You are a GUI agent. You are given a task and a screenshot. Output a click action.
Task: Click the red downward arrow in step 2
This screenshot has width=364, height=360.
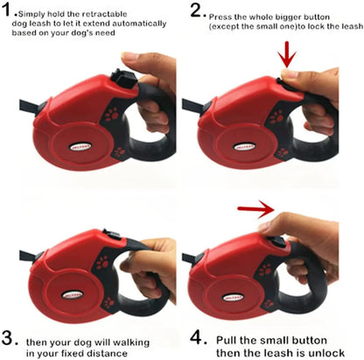point(287,55)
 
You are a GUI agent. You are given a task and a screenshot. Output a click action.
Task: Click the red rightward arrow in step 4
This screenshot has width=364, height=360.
point(256,208)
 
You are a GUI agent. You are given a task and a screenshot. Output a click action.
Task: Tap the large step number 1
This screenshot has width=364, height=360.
point(7,11)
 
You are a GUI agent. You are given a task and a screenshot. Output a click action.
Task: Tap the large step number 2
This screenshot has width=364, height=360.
point(198,11)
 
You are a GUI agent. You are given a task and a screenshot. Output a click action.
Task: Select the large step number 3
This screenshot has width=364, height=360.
point(8,338)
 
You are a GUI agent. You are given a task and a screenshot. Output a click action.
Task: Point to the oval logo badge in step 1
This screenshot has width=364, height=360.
point(80,146)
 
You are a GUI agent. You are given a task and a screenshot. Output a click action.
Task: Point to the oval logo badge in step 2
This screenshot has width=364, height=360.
point(244,146)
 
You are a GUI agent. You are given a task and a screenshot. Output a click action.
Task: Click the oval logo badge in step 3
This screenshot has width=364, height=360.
point(73,294)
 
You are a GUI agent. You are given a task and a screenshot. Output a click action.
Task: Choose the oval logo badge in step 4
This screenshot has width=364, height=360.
point(233,298)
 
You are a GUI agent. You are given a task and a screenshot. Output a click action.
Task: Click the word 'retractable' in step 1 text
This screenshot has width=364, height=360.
point(104,14)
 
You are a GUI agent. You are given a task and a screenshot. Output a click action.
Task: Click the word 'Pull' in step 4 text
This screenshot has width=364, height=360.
point(226,341)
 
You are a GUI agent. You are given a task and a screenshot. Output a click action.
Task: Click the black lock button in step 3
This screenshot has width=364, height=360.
point(112,234)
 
